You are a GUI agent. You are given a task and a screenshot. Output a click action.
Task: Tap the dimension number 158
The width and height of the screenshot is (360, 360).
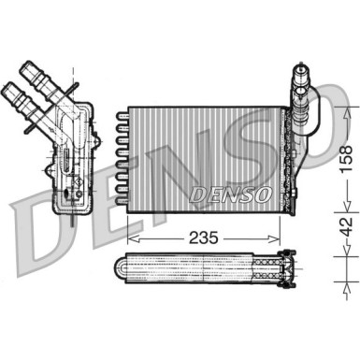tap(347, 153)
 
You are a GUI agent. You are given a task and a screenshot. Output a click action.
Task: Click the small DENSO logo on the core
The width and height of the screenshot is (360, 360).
tap(229, 193)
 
